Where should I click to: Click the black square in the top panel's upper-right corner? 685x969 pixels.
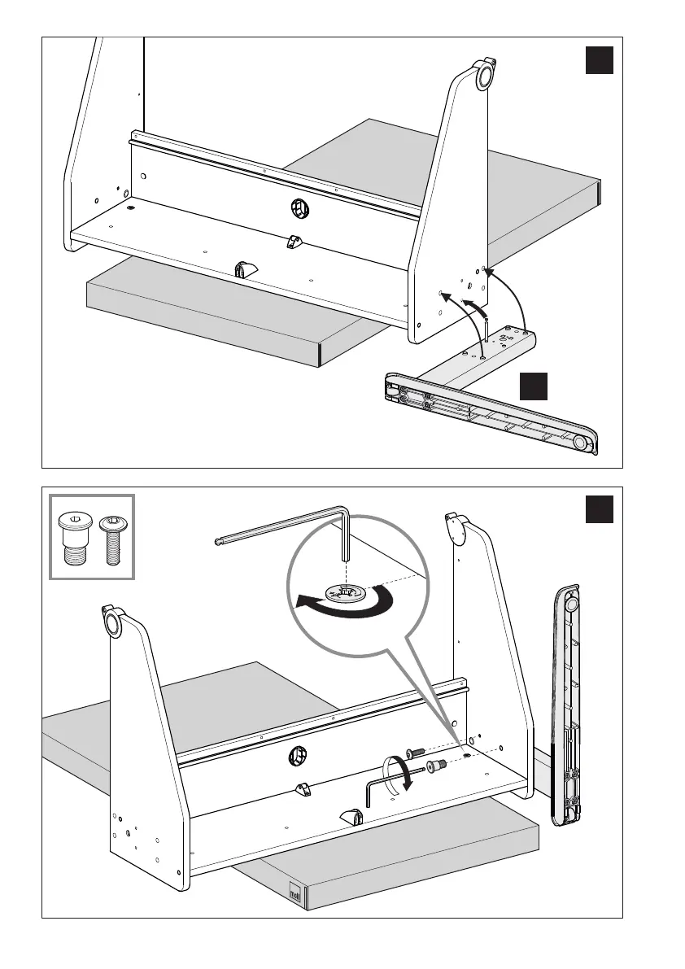click(599, 60)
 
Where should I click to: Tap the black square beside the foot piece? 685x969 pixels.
click(534, 386)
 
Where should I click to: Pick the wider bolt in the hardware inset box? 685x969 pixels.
click(76, 538)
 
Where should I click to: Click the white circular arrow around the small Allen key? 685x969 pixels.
click(396, 773)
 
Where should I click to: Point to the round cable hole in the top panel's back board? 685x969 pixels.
click(299, 208)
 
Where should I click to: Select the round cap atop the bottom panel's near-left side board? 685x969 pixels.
click(111, 624)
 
